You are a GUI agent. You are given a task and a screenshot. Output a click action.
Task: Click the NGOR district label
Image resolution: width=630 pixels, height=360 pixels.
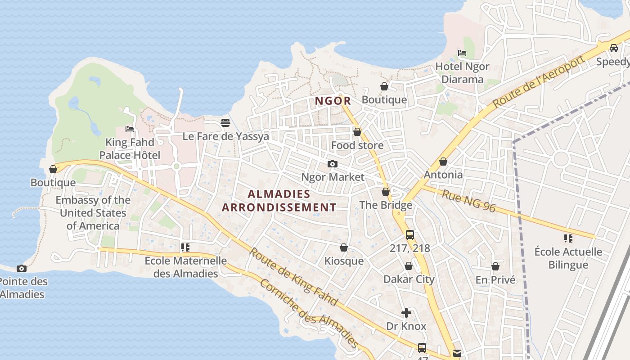(x=333, y=101)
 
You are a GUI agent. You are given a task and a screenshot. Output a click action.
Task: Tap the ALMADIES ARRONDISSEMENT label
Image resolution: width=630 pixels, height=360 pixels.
(x=279, y=201)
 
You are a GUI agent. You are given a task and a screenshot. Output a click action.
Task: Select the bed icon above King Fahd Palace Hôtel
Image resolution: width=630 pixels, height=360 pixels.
(x=130, y=129)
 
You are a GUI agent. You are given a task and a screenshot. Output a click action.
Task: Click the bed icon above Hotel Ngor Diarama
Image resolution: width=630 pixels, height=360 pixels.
(x=462, y=53)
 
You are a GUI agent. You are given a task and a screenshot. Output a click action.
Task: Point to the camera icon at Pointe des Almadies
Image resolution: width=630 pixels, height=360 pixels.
(x=21, y=269)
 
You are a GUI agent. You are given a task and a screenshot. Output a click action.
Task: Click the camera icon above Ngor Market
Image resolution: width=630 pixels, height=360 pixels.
(x=332, y=164)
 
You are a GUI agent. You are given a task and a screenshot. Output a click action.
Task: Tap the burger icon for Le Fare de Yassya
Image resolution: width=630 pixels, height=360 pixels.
(x=225, y=123)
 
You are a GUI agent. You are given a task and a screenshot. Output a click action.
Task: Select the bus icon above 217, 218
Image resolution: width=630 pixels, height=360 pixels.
(x=409, y=235)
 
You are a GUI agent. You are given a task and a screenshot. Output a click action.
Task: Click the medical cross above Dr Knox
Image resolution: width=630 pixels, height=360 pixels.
(x=406, y=313)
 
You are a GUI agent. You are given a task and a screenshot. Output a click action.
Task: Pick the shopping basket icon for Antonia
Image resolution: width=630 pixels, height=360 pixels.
(x=443, y=162)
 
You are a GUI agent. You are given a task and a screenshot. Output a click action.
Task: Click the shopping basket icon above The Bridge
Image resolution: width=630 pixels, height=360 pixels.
(x=386, y=192)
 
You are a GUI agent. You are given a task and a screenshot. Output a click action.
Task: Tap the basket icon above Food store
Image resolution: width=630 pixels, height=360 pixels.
(x=357, y=132)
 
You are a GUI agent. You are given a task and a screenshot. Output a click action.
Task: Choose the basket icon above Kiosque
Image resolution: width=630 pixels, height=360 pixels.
(x=344, y=248)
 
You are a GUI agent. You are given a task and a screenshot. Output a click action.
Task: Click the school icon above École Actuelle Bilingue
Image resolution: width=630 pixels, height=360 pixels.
(x=568, y=238)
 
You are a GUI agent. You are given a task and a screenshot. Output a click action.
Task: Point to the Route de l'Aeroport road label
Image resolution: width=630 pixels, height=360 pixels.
(x=539, y=81)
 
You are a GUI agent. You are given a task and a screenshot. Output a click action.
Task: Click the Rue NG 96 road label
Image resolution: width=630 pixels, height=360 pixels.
(x=468, y=201)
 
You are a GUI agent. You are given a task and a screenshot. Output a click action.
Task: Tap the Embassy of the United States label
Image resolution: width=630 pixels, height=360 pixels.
(x=93, y=213)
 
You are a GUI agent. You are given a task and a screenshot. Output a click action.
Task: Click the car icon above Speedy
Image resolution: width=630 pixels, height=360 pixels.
(x=613, y=48)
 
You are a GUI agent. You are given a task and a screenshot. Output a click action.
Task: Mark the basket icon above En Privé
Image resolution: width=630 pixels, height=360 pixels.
(x=495, y=267)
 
